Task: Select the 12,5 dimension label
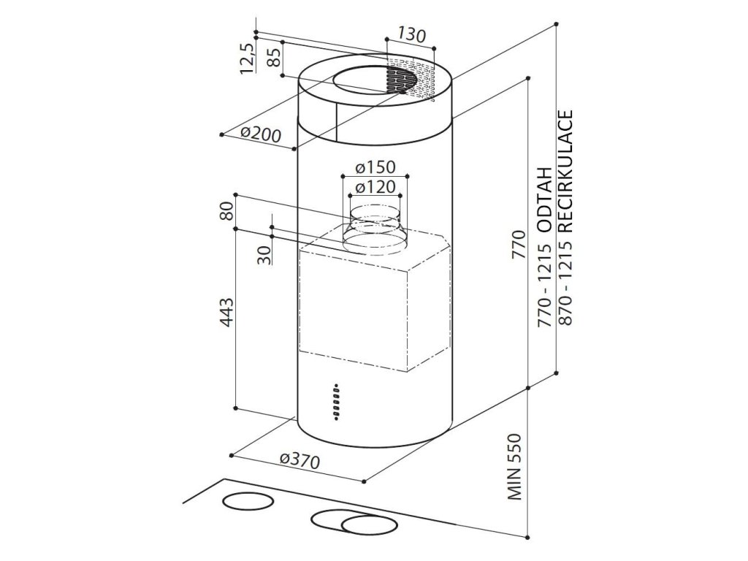pyautogui.click(x=246, y=58)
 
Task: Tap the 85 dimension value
pyautogui.click(x=273, y=57)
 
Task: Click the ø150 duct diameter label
pyautogui.click(x=375, y=167)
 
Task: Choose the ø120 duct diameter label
pyautogui.click(x=375, y=187)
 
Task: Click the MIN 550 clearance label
pyautogui.click(x=518, y=467)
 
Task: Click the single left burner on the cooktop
pyautogui.click(x=245, y=502)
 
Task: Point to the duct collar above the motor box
pyautogui.click(x=374, y=228)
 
